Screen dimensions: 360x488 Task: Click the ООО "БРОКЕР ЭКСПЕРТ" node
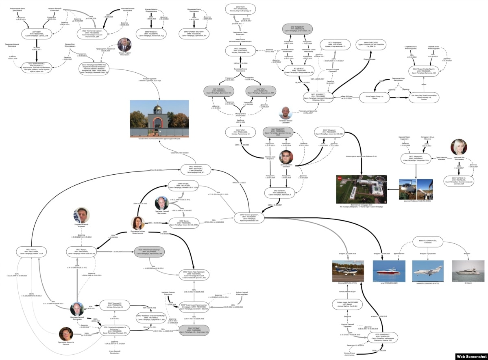194,33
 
